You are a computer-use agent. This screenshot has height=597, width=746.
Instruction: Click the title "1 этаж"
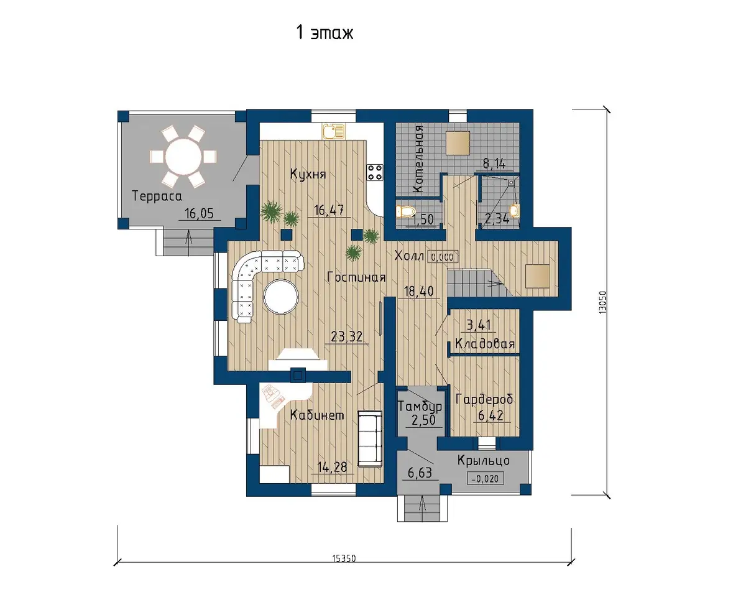325,33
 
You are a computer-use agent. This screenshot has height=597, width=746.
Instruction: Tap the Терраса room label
157,196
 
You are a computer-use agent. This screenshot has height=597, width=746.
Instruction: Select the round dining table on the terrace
183,157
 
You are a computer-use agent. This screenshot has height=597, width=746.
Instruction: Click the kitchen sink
333,131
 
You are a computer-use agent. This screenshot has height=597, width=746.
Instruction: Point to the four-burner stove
375,172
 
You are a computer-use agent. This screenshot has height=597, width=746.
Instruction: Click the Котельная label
419,159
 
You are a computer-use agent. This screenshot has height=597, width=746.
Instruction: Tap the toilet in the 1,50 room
405,211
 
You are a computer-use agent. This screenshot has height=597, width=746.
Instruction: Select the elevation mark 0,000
443,257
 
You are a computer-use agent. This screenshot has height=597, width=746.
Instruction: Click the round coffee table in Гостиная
281,297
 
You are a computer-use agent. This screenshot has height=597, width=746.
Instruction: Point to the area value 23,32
347,336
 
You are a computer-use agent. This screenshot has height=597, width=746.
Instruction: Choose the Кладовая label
485,344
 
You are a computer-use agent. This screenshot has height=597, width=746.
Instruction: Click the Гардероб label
484,399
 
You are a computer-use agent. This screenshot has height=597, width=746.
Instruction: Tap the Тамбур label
420,406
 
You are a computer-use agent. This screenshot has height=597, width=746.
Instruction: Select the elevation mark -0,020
486,479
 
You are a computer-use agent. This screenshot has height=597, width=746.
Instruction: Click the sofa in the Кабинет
370,438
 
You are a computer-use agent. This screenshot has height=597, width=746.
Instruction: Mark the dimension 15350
344,558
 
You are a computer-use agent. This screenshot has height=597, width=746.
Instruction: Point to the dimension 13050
603,302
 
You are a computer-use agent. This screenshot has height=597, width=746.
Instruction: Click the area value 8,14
494,163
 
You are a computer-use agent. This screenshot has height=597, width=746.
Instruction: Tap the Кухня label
308,174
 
